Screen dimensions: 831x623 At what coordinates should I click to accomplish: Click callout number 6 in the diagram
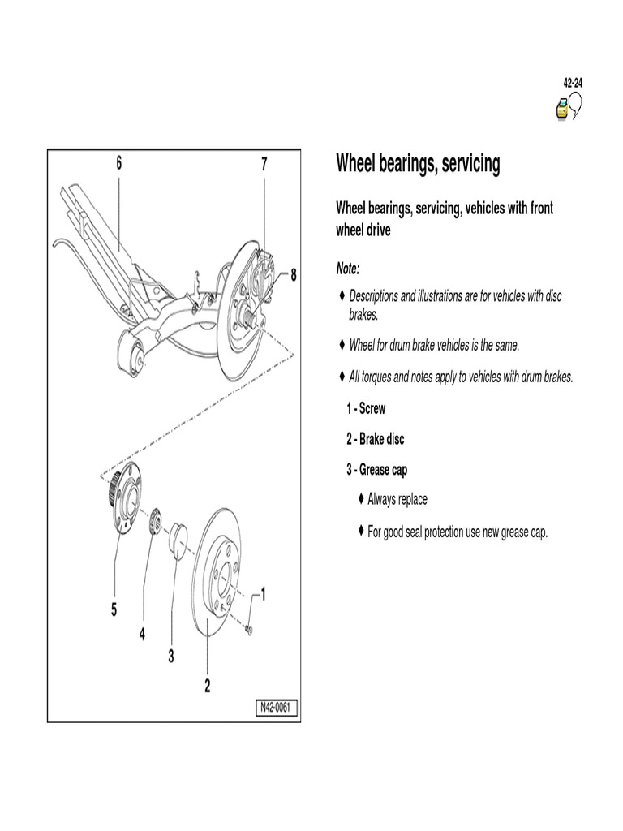coord(118,163)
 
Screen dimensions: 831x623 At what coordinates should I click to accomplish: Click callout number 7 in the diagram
coord(264,164)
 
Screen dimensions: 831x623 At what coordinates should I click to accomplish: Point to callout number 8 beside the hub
coord(294,274)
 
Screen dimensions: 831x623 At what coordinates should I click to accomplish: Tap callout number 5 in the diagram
coord(114,609)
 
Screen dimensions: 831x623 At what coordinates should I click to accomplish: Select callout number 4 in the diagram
coord(142,635)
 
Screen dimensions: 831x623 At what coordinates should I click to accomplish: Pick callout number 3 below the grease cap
coord(171,657)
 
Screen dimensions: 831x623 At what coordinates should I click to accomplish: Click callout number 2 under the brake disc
coord(207,686)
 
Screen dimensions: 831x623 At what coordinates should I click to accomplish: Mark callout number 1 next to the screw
coord(264,595)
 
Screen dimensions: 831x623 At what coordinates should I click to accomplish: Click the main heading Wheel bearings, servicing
coord(418,165)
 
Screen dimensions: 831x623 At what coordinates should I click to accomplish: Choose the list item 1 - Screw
coord(366,408)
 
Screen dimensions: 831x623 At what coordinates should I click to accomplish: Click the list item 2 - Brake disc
coord(375,439)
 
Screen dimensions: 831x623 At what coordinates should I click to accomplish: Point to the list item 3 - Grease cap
coord(376,470)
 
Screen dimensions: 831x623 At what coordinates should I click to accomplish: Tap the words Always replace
coord(397,499)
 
